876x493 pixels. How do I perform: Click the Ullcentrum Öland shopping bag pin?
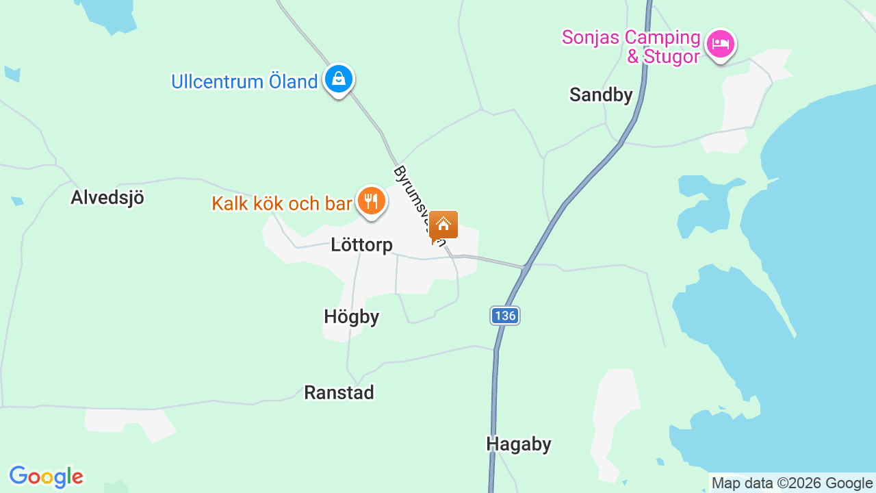coord(338,79)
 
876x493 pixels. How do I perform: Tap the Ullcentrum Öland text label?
coord(244,81)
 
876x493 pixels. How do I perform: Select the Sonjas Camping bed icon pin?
coord(720,45)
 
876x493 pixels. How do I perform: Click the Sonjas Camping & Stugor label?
coord(631,47)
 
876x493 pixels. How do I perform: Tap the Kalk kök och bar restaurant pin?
coord(371,201)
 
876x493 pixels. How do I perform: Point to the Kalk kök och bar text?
coord(281,203)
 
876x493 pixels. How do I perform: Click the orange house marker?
coord(443,225)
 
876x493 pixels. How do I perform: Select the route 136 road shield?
coord(505,316)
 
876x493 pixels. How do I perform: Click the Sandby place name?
coord(601,94)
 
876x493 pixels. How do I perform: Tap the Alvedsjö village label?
coord(107,197)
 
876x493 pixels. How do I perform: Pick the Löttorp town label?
coord(361,244)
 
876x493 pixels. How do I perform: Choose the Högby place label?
coord(351,317)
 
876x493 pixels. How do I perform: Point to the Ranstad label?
coord(339,392)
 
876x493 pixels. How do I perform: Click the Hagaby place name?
coord(518,444)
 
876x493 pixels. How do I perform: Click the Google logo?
coord(46,477)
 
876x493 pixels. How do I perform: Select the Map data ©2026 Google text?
coord(792,483)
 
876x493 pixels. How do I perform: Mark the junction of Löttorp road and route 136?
coord(526,267)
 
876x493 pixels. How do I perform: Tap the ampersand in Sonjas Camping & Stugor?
coord(633,56)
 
